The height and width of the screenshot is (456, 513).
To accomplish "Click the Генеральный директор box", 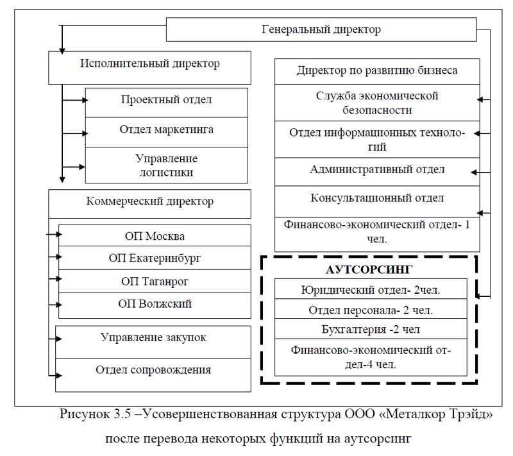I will [x=321, y=30].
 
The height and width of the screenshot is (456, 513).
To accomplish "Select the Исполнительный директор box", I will [x=149, y=64].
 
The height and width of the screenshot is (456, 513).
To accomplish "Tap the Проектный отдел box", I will [x=166, y=100].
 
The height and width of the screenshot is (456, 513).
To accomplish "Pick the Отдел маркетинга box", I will [x=166, y=130].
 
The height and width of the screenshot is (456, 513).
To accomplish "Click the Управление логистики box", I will [x=166, y=165].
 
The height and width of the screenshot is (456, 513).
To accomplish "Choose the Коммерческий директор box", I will [x=149, y=202].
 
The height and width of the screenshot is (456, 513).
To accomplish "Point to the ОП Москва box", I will [x=155, y=235].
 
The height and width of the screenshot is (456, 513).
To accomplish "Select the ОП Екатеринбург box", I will [x=155, y=258].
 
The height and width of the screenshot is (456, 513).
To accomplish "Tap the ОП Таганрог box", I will [x=155, y=281].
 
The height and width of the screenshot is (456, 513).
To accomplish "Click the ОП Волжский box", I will [x=155, y=304].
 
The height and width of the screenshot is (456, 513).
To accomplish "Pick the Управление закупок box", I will [x=153, y=338].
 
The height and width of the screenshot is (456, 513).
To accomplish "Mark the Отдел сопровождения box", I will [x=153, y=370].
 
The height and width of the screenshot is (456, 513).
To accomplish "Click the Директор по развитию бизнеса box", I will [x=377, y=71].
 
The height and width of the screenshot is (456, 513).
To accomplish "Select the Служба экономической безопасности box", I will [x=377, y=103].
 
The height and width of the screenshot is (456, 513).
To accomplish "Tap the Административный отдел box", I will [x=377, y=170].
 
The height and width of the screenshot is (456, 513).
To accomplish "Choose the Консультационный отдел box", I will [x=377, y=198].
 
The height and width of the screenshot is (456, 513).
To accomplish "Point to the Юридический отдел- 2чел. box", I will [x=369, y=290].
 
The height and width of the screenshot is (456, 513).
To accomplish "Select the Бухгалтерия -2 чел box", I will [x=369, y=329].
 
